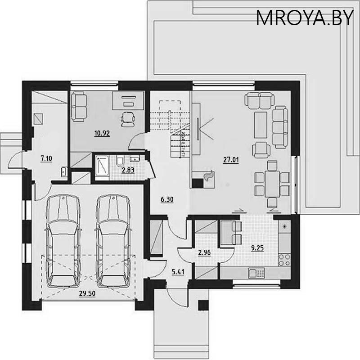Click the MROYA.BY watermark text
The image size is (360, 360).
[305, 18]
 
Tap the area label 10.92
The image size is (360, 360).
[102, 133]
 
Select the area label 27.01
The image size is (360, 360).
[231, 159]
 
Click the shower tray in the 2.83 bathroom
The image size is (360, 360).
[102, 166]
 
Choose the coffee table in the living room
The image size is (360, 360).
[261, 125]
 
